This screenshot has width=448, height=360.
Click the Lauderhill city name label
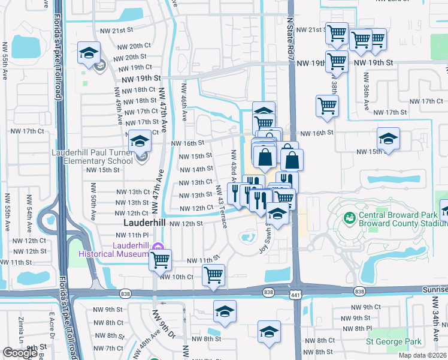pyautogui.click(x=144, y=223)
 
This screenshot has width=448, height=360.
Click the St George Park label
pyautogui.click(x=394, y=342)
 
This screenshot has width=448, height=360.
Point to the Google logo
pyautogui.click(x=20, y=353)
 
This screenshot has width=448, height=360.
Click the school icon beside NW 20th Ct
pyautogui.click(x=89, y=53)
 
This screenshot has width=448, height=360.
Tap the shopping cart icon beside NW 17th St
pyautogui.click(x=327, y=106)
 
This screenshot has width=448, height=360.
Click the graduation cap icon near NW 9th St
pyautogui.click(x=225, y=311)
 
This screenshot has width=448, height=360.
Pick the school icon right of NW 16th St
pyautogui.click(x=388, y=139)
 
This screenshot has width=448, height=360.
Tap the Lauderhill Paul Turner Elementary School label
pyautogui.click(x=92, y=157)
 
